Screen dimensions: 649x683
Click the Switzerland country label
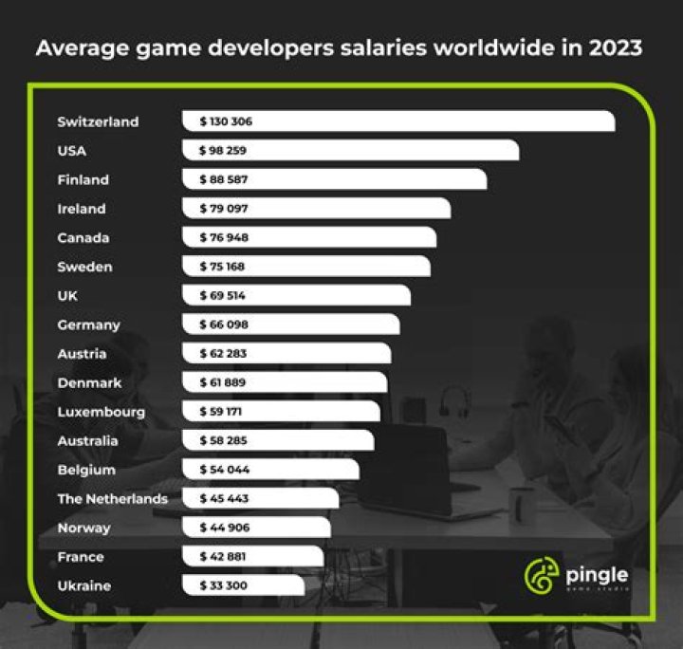click(x=98, y=121)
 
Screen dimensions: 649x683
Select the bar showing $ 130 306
click(x=398, y=121)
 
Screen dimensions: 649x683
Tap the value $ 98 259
click(x=224, y=151)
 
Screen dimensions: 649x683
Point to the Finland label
click(x=83, y=179)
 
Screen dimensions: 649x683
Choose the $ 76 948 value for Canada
click(x=224, y=237)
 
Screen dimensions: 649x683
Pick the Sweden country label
click(x=84, y=267)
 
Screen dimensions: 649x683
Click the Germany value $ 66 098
click(x=224, y=324)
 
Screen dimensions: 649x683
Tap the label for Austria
click(x=82, y=354)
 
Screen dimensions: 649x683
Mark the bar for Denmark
click(x=285, y=382)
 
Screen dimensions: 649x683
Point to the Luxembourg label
click(x=101, y=412)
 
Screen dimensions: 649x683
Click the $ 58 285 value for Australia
click(x=224, y=441)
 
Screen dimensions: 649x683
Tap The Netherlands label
click(x=112, y=498)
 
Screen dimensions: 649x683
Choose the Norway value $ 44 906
click(x=224, y=528)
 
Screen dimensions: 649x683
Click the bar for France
click(x=252, y=557)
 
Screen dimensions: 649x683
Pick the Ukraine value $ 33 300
click(x=224, y=585)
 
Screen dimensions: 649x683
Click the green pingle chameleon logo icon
click(x=541, y=576)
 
